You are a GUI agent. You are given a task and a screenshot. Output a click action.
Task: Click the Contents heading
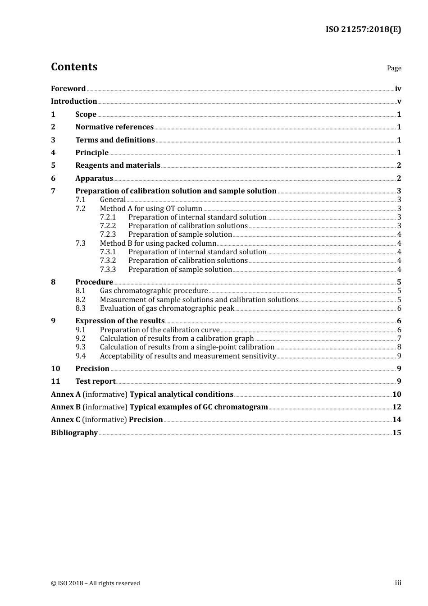pyautogui.click(x=74, y=67)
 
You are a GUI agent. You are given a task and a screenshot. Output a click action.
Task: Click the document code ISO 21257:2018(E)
pyautogui.click(x=363, y=30)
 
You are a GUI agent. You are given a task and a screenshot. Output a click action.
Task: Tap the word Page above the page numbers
pyautogui.click(x=394, y=68)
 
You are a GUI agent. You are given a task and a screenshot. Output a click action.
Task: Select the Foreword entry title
pyautogui.click(x=68, y=89)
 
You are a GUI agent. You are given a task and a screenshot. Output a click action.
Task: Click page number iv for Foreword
pyautogui.click(x=398, y=89)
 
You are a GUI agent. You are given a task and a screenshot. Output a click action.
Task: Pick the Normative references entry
pyautogui.click(x=114, y=127)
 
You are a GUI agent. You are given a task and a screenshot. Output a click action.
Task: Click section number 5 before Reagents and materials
pyautogui.click(x=53, y=165)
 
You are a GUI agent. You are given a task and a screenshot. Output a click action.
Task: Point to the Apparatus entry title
pyautogui.click(x=94, y=179)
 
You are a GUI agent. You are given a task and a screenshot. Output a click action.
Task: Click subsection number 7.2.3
pyautogui.click(x=108, y=234)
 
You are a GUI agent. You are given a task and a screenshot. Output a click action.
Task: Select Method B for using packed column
pyautogui.click(x=158, y=243)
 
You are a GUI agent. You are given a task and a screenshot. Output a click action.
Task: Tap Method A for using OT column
pyautogui.click(x=151, y=209)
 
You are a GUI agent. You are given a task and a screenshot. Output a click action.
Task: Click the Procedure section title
pyautogui.click(x=94, y=282)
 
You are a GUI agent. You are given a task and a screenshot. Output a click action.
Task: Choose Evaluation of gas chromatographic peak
pyautogui.click(x=167, y=308)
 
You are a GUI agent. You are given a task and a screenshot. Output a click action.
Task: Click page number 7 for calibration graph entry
pyautogui.click(x=399, y=339)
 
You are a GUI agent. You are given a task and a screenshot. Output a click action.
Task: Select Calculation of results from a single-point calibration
pyautogui.click(x=187, y=347)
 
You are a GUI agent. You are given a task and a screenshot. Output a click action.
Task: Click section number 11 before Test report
pyautogui.click(x=55, y=381)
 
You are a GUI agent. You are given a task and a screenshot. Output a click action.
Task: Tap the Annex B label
pyautogui.click(x=66, y=407)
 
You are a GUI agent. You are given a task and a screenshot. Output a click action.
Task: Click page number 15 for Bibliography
pyautogui.click(x=396, y=433)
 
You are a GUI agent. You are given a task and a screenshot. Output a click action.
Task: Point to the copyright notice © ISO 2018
pyautogui.click(x=95, y=583)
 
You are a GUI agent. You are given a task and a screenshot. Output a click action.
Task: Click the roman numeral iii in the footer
pyautogui.click(x=398, y=583)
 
